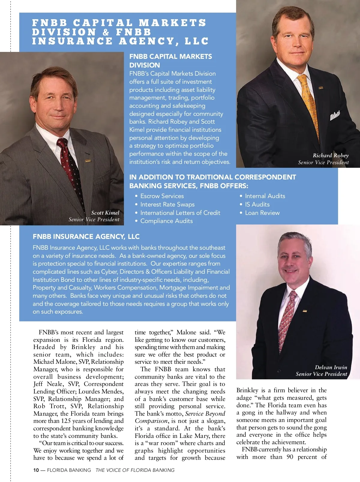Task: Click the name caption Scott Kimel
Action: coord(105,213)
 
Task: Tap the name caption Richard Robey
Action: coord(331,155)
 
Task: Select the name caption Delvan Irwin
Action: coord(331,367)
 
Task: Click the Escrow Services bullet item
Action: coord(162,196)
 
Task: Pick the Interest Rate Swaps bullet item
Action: coord(167,204)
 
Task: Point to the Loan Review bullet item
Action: coord(262,213)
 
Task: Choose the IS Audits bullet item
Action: coord(257,204)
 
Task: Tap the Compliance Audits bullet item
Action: coord(166,221)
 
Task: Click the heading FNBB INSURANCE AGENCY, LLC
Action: coord(86,236)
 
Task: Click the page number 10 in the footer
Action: coord(36,470)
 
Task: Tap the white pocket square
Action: coord(335,115)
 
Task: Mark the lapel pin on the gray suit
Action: coord(88,161)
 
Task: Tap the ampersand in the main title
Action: coord(106,32)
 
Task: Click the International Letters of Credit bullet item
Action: coord(180,213)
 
